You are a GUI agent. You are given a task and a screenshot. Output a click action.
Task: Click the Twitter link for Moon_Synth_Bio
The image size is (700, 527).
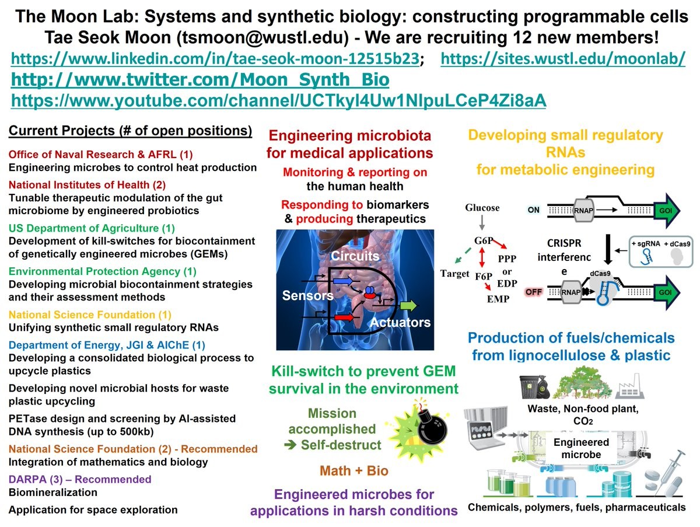(x=200, y=80)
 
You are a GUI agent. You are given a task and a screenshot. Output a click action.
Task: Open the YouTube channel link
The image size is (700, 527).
(x=279, y=100)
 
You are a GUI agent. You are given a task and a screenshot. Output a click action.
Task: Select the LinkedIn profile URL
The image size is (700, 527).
(x=215, y=59)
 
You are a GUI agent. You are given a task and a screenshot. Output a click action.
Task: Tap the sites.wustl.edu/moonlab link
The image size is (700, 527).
(x=562, y=59)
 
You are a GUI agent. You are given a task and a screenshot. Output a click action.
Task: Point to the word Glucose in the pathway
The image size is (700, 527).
(x=482, y=208)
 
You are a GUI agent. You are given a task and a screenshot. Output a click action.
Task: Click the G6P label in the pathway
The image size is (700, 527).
(x=482, y=240)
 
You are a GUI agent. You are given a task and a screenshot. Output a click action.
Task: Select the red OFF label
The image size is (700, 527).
(x=533, y=292)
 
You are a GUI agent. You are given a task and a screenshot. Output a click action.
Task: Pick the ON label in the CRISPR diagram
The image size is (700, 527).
(x=533, y=208)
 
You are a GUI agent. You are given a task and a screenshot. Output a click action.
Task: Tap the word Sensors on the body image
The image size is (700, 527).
(x=307, y=295)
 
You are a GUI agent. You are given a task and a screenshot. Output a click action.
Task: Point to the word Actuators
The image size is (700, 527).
(x=400, y=322)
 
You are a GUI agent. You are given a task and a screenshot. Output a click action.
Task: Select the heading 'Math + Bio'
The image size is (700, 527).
(x=353, y=471)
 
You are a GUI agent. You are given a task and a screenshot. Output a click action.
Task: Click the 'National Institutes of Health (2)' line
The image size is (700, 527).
(x=87, y=185)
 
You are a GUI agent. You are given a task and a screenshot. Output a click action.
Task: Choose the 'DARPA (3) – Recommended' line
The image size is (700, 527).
(x=79, y=480)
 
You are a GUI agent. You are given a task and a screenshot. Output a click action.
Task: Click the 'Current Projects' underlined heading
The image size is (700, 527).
(x=130, y=131)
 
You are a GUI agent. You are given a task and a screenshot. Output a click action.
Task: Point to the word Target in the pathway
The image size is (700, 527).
(x=454, y=273)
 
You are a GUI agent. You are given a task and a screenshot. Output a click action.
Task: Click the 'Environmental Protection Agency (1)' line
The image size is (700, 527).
(x=102, y=271)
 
